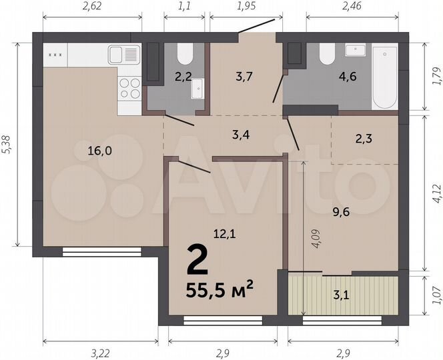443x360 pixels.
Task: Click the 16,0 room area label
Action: coord(99,151)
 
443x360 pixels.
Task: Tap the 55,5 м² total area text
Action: coord(221,291)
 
